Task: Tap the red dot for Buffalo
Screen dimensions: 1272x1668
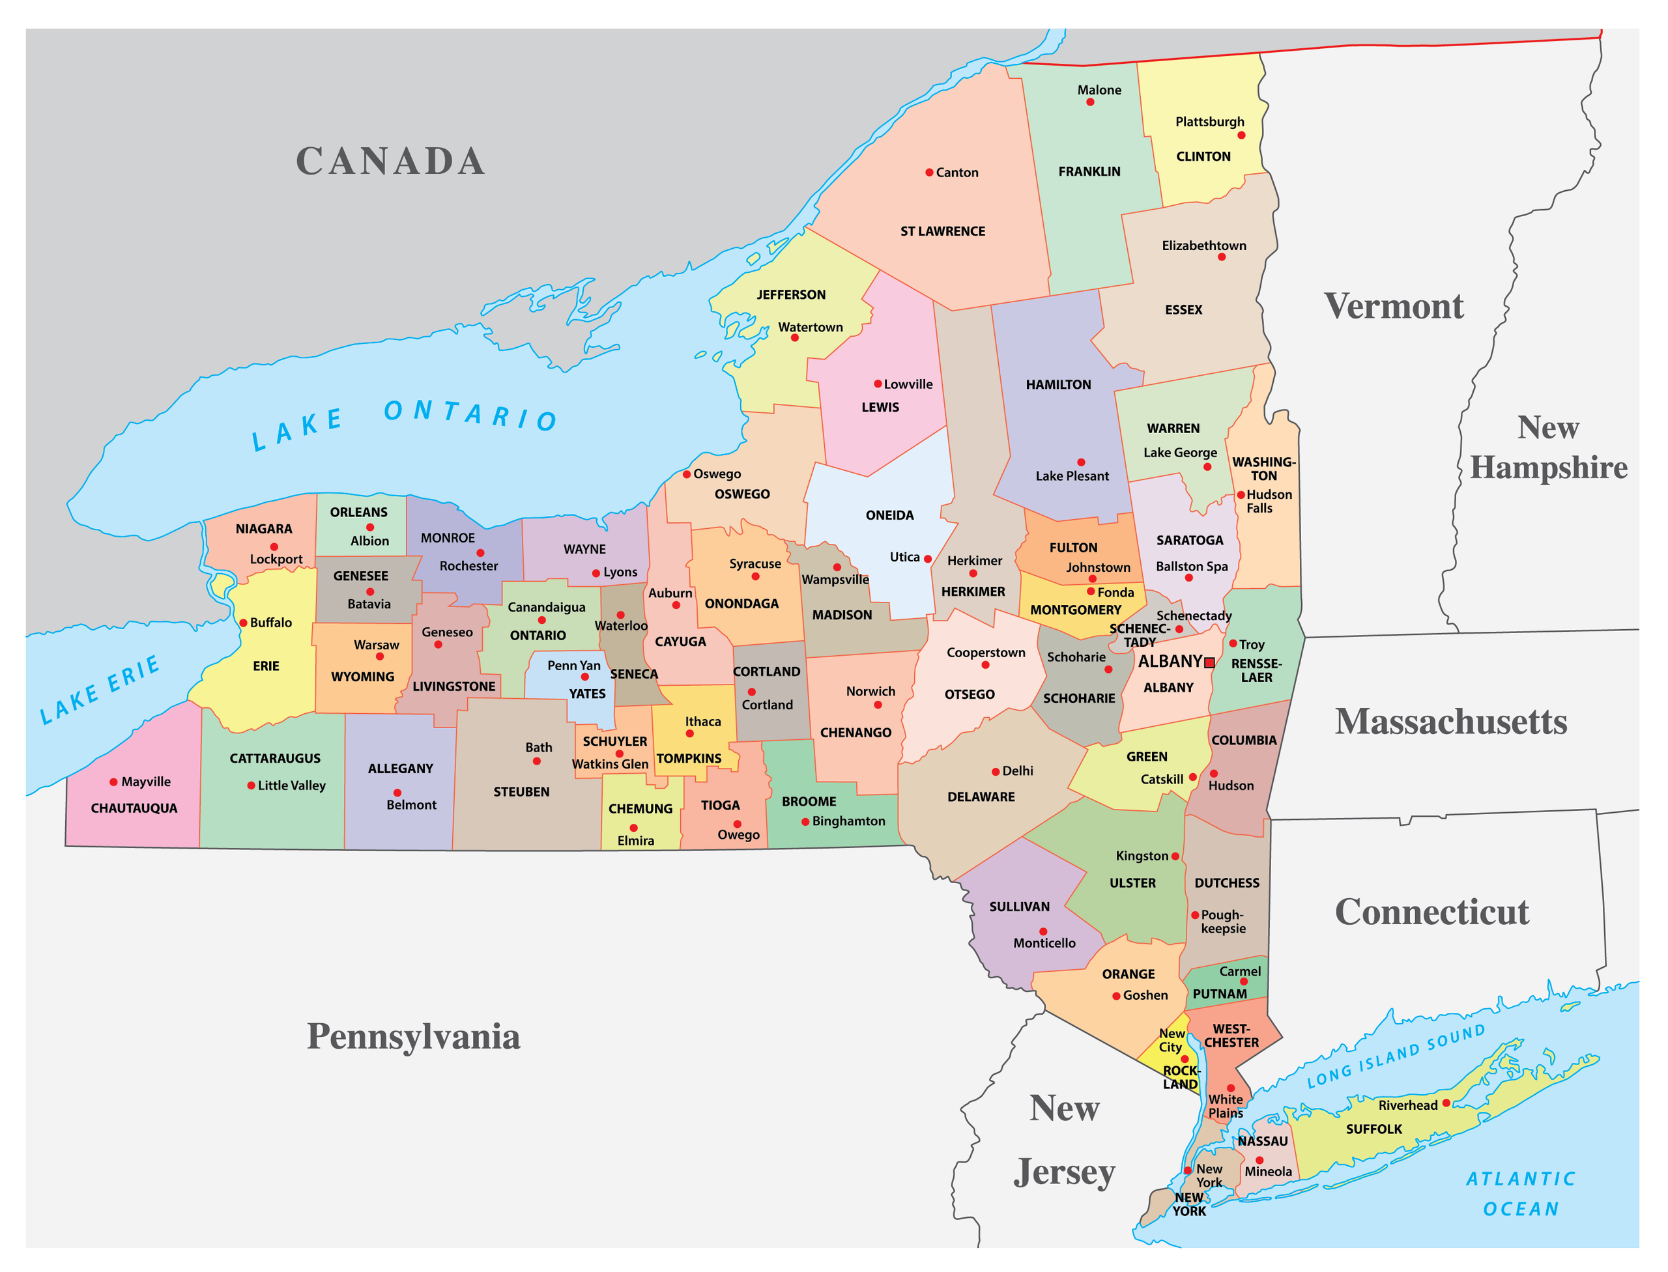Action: [x=243, y=623]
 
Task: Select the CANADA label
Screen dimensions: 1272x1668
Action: [x=390, y=162]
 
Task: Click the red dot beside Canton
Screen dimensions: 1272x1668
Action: [x=928, y=173]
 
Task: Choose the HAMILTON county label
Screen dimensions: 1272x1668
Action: [x=1058, y=385]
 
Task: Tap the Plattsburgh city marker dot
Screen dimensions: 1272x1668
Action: [x=1241, y=135]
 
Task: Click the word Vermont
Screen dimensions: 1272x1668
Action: [x=1393, y=307]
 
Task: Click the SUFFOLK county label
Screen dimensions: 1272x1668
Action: [x=1373, y=1129]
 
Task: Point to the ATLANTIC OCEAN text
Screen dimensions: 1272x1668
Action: [x=1520, y=1194]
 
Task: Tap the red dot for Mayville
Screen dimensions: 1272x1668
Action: [x=113, y=782]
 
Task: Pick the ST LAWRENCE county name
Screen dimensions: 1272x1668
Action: [x=942, y=232]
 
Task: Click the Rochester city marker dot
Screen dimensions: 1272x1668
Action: [x=480, y=553]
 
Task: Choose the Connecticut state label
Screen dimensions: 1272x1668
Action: [x=1431, y=912]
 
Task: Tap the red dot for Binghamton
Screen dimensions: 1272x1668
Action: [x=805, y=821]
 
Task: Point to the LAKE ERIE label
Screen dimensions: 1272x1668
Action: [x=100, y=689]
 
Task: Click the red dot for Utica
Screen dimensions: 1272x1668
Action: [x=927, y=559]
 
